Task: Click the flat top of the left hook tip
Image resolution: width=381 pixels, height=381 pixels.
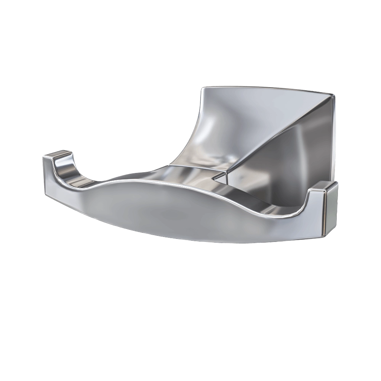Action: [58, 155]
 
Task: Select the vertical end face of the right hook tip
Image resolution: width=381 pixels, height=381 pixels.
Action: [331, 208]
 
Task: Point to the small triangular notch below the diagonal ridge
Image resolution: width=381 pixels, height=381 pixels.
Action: [220, 176]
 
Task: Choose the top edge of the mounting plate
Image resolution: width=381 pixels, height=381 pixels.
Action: [267, 90]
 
